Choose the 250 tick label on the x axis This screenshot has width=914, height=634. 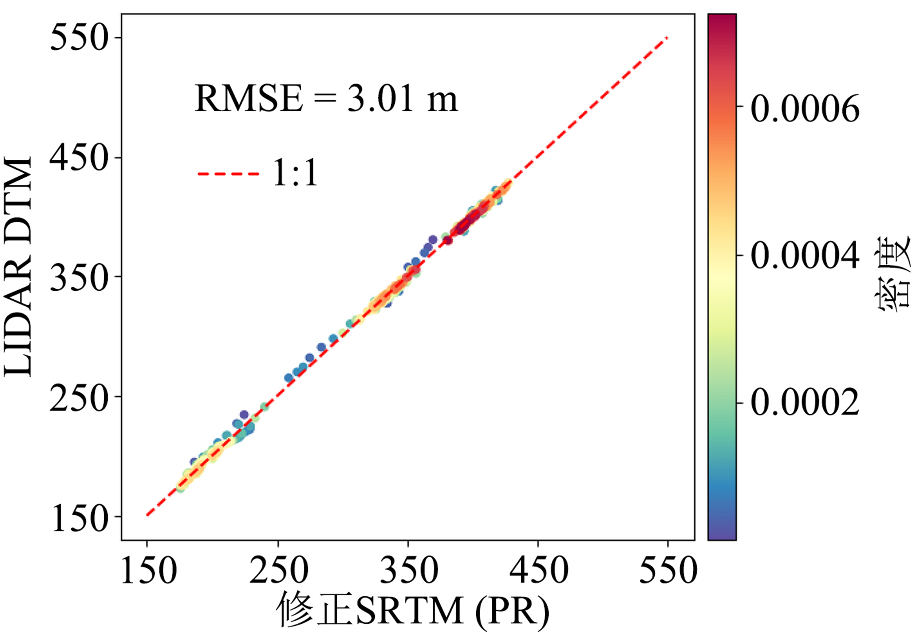pyautogui.click(x=278, y=570)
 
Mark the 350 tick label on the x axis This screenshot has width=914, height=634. pyautogui.click(x=408, y=570)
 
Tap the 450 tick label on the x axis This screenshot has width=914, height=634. pyautogui.click(x=539, y=570)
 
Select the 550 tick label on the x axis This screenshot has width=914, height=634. pyautogui.click(x=668, y=570)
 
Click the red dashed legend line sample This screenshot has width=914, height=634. pyautogui.click(x=228, y=174)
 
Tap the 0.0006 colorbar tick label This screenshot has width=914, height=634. pyautogui.click(x=805, y=108)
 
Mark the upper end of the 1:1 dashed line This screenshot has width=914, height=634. pyautogui.click(x=668, y=38)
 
